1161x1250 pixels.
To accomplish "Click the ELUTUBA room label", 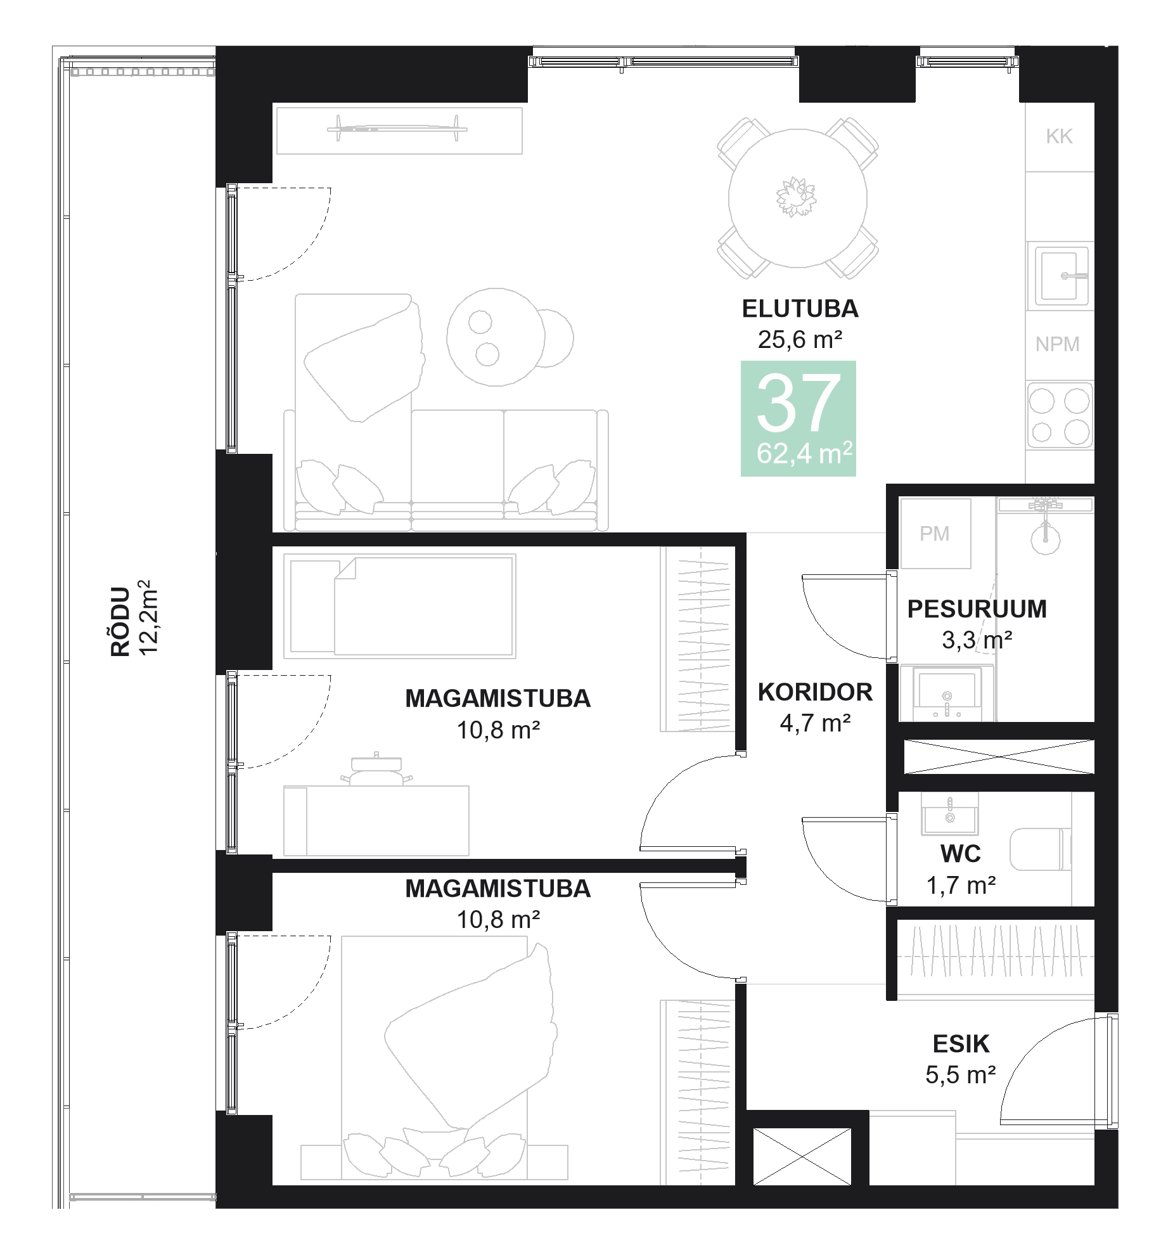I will click(x=800, y=309).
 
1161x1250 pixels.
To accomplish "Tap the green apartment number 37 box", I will click(x=798, y=418).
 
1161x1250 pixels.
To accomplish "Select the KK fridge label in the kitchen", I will click(x=1059, y=136).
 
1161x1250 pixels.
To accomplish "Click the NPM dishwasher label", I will click(x=1057, y=344).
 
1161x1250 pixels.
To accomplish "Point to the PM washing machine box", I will click(x=935, y=534).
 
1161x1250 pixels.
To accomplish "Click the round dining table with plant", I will click(x=797, y=198).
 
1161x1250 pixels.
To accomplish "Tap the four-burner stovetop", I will click(x=1059, y=416).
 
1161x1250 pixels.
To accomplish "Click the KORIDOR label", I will click(x=815, y=692).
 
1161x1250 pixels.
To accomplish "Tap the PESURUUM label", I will click(x=977, y=609).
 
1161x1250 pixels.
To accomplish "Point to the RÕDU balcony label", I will click(x=120, y=621).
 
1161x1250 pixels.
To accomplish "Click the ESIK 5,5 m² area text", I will click(x=961, y=1074).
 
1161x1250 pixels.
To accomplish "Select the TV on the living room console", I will click(x=397, y=129).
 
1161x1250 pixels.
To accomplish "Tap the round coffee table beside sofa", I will click(x=496, y=337).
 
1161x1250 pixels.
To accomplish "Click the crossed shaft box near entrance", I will click(x=802, y=1156).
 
